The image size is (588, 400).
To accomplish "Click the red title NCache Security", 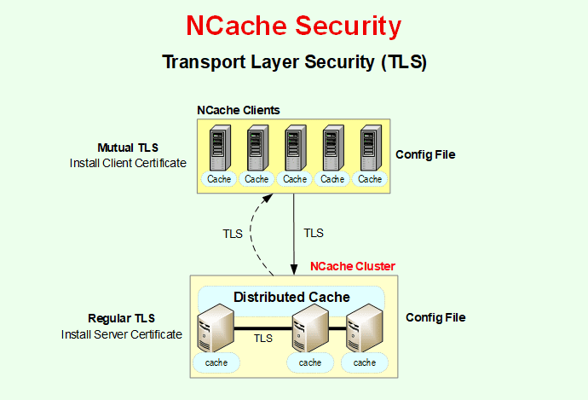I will [293, 26].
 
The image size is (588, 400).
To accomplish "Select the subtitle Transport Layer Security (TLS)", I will [293, 62].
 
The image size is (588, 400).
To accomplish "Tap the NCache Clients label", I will [238, 111].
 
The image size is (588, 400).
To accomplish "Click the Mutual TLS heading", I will [127, 148].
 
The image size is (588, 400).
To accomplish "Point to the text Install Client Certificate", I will [127, 163].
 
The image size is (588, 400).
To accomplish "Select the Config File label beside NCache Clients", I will [425, 155].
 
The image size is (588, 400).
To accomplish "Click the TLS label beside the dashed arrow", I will [232, 234].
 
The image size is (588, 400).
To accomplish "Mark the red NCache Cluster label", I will [352, 267].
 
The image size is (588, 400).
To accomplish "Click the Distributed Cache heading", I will [291, 297].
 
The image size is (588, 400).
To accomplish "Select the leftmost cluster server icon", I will [215, 331].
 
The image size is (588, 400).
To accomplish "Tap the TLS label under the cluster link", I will [263, 339].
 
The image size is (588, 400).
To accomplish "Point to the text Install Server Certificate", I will [121, 334].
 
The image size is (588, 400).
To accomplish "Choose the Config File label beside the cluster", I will [435, 317].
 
